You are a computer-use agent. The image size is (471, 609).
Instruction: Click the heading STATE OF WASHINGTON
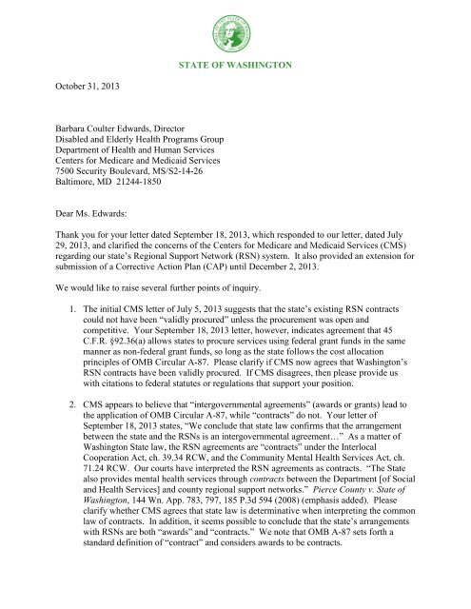(x=236, y=66)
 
